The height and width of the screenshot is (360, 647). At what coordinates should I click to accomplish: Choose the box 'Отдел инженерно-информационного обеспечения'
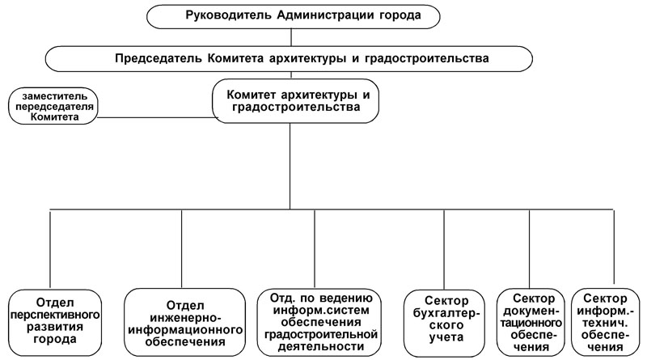click(x=185, y=321)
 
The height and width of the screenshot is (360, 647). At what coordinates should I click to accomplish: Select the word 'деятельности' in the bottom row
click(x=318, y=346)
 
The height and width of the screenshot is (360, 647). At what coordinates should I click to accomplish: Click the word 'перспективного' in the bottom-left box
click(x=53, y=312)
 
